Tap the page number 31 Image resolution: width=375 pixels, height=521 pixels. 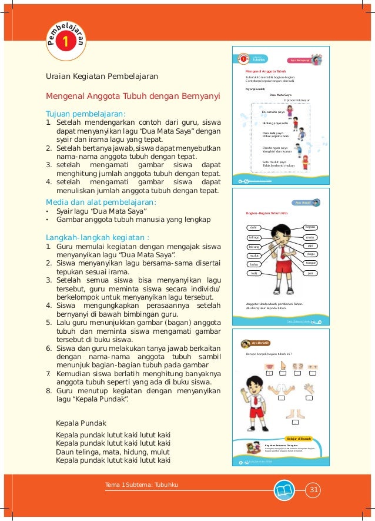313,489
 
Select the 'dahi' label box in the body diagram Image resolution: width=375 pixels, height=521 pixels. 254,227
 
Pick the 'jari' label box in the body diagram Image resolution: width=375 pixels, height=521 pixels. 310,274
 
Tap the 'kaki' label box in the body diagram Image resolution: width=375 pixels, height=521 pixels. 254,274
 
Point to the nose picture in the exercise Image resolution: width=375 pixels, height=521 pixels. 283,366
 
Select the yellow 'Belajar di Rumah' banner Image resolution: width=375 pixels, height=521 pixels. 299,439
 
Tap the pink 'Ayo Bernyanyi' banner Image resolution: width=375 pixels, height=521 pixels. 300,60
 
